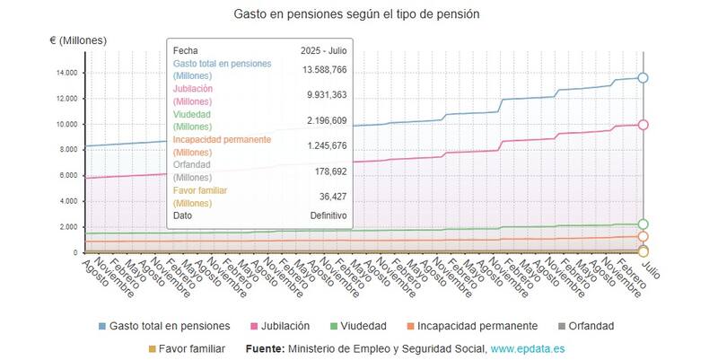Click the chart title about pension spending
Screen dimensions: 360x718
point(356,14)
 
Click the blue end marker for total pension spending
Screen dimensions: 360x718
point(643,78)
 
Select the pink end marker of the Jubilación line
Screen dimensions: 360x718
point(643,125)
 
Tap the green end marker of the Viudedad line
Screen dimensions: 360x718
point(643,224)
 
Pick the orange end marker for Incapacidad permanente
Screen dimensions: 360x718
point(643,237)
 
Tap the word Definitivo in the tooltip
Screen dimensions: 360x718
point(328,215)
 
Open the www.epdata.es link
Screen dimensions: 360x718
point(527,348)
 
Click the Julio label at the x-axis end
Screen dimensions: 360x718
point(652,268)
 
